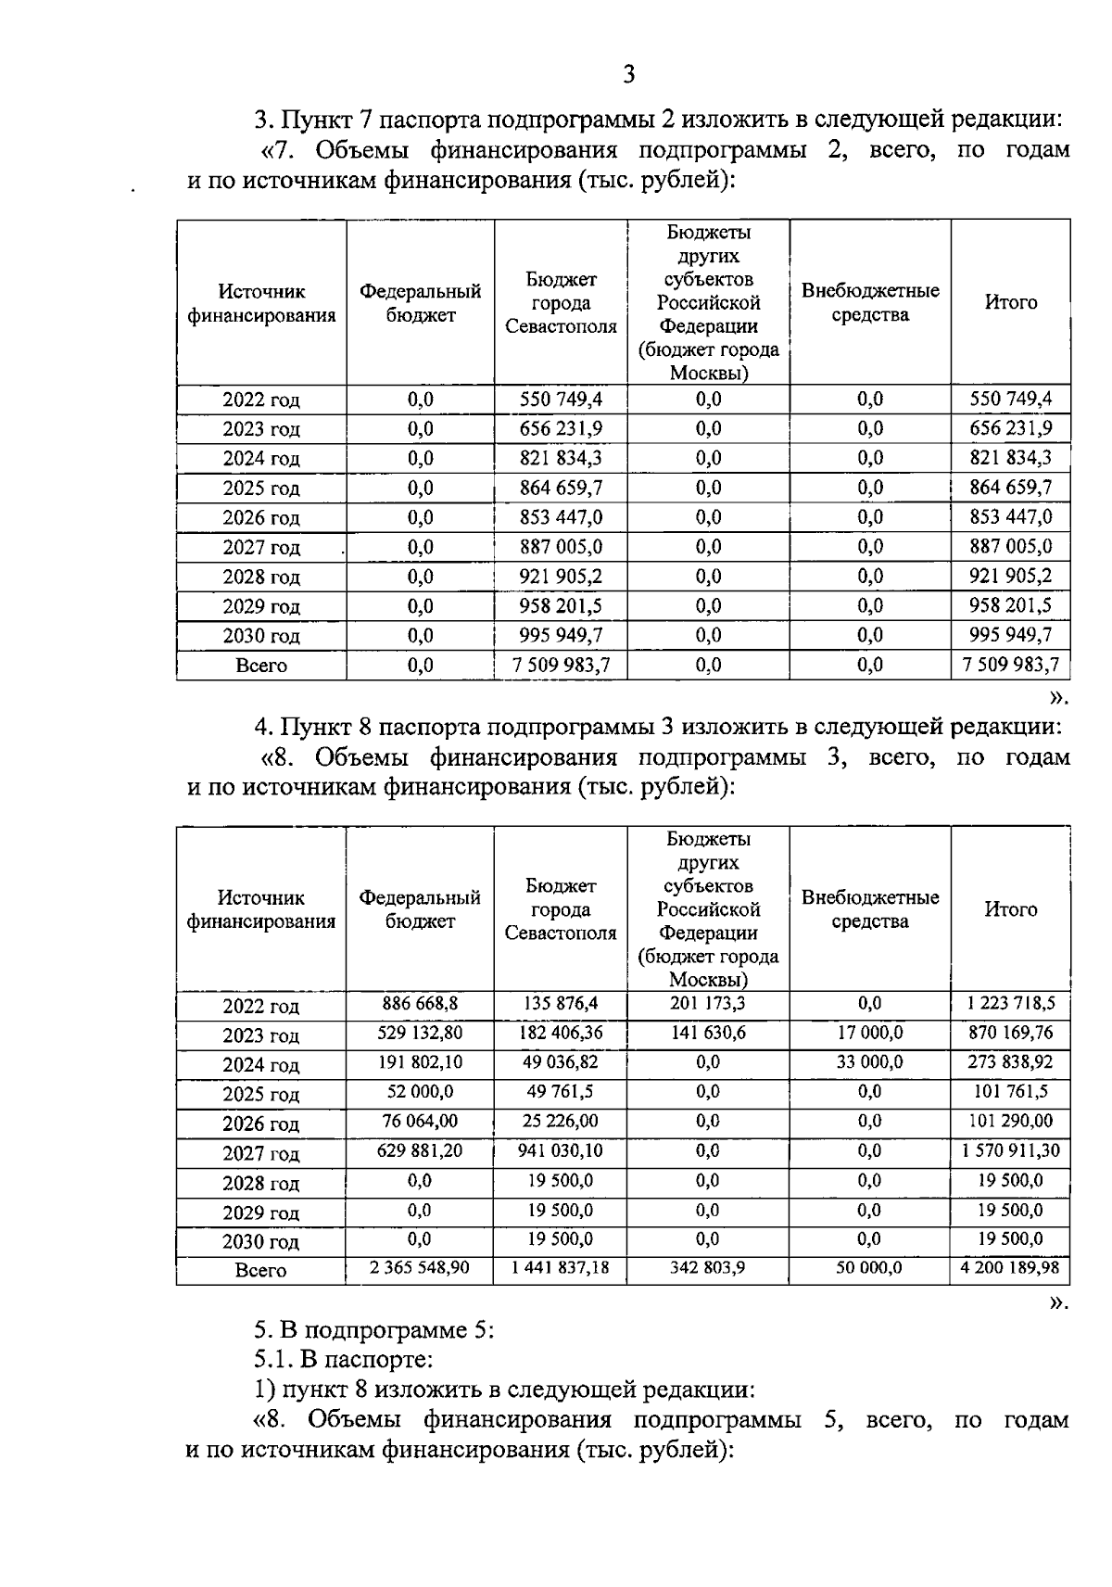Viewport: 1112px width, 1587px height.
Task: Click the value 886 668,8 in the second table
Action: click(420, 1003)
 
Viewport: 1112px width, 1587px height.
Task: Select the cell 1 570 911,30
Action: click(1010, 1151)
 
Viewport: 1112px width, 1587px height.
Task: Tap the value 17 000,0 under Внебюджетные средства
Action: click(869, 1033)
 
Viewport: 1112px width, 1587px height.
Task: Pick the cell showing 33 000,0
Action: click(869, 1062)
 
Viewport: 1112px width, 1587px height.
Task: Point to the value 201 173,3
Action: click(708, 1003)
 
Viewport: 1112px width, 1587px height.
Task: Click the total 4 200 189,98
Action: click(1010, 1267)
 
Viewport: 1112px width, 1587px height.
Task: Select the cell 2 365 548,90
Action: click(420, 1267)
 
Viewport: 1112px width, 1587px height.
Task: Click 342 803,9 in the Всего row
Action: click(708, 1267)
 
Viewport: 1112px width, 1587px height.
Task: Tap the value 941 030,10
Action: click(561, 1151)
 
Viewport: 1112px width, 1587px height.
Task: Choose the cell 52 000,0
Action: click(420, 1092)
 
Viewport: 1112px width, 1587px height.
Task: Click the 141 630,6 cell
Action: click(708, 1033)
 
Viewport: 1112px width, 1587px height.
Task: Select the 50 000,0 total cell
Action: click(869, 1267)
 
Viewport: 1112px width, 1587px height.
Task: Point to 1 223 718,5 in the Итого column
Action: click(1010, 1003)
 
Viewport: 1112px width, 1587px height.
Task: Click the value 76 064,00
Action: click(420, 1122)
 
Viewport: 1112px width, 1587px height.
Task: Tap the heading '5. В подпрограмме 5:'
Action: click(374, 1330)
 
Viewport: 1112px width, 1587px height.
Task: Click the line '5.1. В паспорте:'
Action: click(344, 1360)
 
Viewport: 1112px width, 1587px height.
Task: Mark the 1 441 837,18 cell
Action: click(561, 1267)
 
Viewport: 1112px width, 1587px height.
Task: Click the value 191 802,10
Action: click(420, 1062)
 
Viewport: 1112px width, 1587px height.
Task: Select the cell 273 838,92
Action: click(1010, 1062)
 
